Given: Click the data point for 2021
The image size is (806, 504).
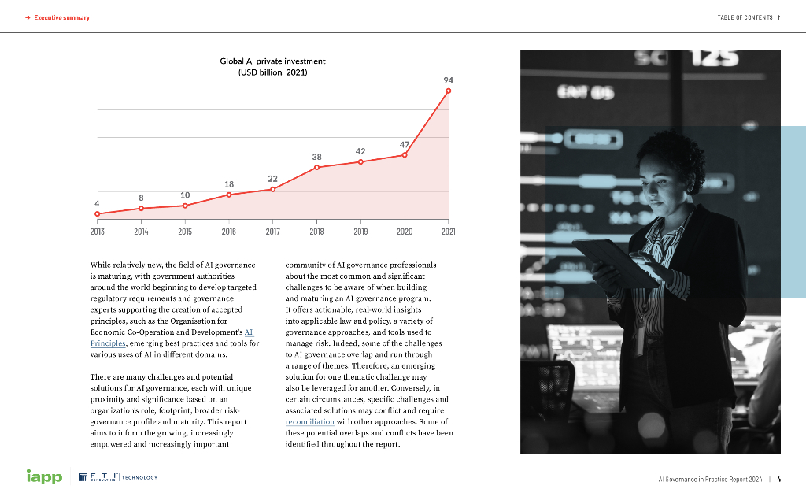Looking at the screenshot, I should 449,91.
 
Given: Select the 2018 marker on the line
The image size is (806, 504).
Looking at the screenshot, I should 316,167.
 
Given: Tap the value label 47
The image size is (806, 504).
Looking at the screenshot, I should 404,144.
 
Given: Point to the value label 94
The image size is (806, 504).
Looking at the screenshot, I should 449,80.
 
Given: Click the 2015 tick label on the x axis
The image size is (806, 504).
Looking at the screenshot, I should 185,232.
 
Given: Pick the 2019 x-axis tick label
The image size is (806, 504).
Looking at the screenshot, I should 360,232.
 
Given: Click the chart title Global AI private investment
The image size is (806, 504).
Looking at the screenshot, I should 272,61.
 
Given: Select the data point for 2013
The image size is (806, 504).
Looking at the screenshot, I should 97,213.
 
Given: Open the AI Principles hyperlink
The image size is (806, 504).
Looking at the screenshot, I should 250,332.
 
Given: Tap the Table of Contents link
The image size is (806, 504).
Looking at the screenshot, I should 749,17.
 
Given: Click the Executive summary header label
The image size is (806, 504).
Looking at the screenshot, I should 61,17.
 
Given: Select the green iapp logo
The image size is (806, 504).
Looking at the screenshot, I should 44,477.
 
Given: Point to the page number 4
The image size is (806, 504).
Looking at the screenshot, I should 789,478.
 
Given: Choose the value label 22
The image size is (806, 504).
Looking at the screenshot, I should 272,179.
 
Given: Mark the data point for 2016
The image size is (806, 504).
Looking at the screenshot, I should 229,194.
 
